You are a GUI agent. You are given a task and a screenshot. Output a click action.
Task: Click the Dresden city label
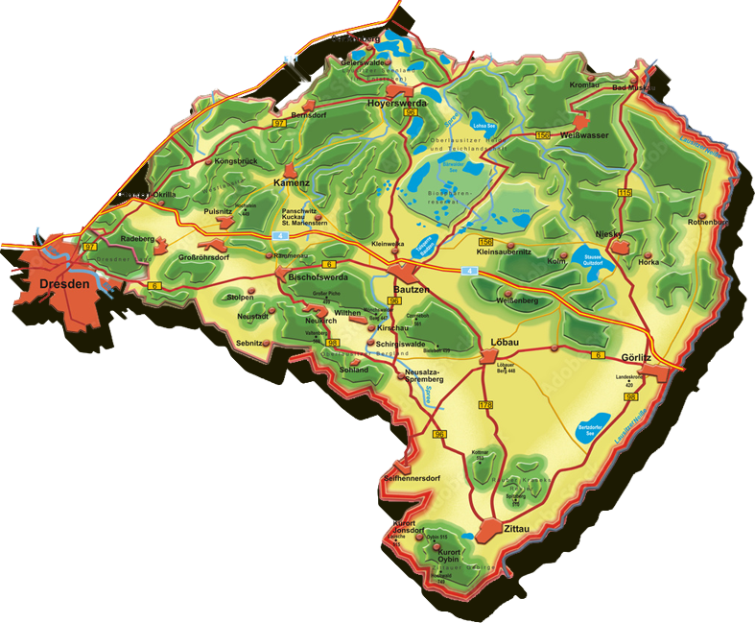[65, 285]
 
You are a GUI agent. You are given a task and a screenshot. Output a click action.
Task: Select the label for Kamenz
[291, 181]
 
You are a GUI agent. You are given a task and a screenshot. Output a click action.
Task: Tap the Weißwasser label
[585, 136]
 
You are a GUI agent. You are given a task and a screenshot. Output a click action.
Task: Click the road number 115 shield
[625, 195]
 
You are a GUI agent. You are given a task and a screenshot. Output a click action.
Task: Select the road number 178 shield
[484, 406]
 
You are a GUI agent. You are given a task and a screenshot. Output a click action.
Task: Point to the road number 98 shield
[333, 343]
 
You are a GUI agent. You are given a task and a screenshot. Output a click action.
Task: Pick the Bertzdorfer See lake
[594, 429]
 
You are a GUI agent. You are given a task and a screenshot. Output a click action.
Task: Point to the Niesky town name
[609, 233]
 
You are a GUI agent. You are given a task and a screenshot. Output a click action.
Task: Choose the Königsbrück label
[236, 160]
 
